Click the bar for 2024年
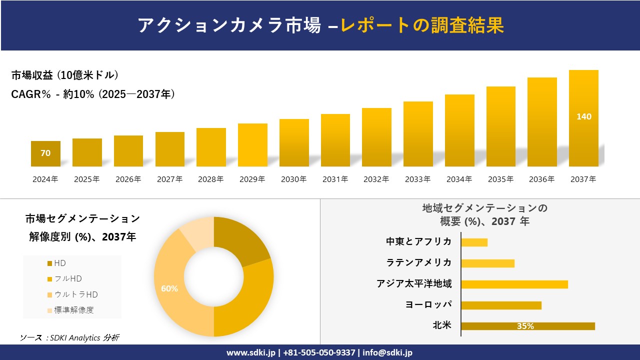(45, 153)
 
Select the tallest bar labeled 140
(583, 118)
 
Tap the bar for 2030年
(294, 142)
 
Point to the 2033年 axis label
(417, 179)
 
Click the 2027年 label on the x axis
(169, 179)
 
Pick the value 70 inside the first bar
(45, 153)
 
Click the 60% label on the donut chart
(169, 288)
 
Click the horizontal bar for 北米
(527, 326)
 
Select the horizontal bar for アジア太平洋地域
(514, 284)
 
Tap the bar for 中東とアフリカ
(474, 242)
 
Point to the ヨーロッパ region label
(428, 304)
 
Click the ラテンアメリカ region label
(418, 262)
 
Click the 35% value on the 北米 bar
(525, 326)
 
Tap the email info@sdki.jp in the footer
(387, 352)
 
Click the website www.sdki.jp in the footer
(251, 352)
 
